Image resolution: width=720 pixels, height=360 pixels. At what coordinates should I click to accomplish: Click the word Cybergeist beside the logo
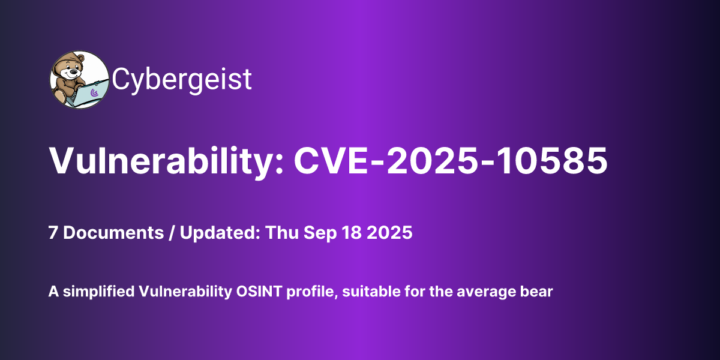point(182,80)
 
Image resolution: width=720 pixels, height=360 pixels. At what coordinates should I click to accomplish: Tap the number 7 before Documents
point(53,233)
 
